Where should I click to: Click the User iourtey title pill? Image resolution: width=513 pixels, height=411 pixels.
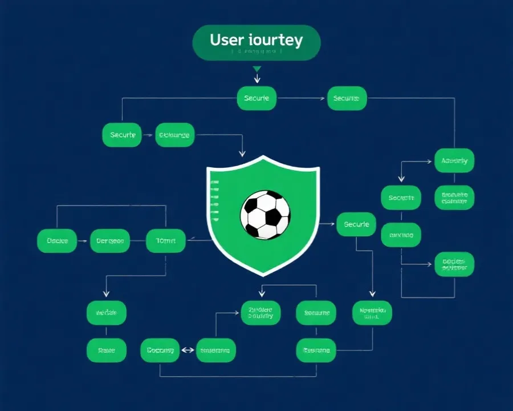[x=256, y=42]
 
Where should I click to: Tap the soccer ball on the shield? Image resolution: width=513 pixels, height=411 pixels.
[x=265, y=215]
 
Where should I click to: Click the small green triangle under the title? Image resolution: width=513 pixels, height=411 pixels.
[x=257, y=69]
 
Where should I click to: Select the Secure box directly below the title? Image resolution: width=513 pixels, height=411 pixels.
[x=256, y=98]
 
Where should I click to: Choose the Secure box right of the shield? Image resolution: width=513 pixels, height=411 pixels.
[x=356, y=224]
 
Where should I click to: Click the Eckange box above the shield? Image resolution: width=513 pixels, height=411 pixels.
[x=175, y=135]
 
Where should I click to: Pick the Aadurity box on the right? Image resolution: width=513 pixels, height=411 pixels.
[x=454, y=161]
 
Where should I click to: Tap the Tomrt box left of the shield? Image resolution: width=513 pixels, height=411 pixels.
[x=166, y=241]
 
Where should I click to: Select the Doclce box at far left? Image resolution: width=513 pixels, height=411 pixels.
[x=57, y=241]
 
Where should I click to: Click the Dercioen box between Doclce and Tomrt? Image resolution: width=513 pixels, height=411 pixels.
[x=110, y=241]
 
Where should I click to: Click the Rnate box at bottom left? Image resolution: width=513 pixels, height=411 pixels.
[x=106, y=350]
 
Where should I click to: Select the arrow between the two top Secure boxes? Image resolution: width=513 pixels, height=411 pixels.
[x=302, y=98]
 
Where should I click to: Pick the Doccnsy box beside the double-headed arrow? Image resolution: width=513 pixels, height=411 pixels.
[x=160, y=350]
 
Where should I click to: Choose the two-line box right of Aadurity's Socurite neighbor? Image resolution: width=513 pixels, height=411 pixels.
[x=454, y=198]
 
